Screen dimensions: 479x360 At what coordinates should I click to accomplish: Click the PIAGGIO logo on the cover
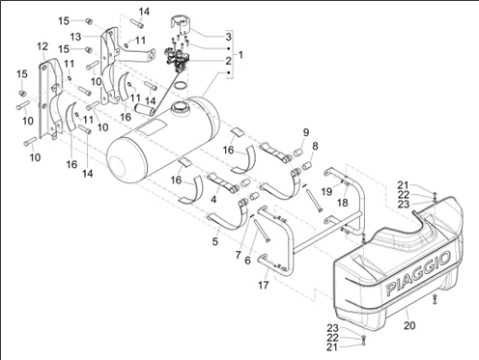[418, 273]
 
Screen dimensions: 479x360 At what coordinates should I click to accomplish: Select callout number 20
[409, 325]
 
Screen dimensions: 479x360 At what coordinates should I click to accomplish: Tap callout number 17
[264, 285]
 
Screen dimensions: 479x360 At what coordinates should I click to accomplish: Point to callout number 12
[42, 46]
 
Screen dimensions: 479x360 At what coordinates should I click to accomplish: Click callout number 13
[76, 37]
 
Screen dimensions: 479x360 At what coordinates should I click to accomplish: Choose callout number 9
[306, 132]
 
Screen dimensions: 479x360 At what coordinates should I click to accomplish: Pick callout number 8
[315, 146]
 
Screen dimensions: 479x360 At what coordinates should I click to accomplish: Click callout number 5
[215, 241]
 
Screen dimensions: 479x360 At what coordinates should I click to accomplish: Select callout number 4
[213, 200]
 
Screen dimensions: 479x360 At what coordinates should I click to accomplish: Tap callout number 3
[228, 37]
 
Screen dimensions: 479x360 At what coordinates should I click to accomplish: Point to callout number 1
[240, 55]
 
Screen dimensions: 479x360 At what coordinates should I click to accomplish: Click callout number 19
[326, 192]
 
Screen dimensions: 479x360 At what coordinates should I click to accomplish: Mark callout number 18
[343, 203]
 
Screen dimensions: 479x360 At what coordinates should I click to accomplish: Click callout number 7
[238, 255]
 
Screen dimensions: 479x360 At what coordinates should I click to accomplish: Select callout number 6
[247, 261]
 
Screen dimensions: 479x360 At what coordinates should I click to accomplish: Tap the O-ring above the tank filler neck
[181, 85]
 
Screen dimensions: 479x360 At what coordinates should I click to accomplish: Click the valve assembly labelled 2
[177, 58]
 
